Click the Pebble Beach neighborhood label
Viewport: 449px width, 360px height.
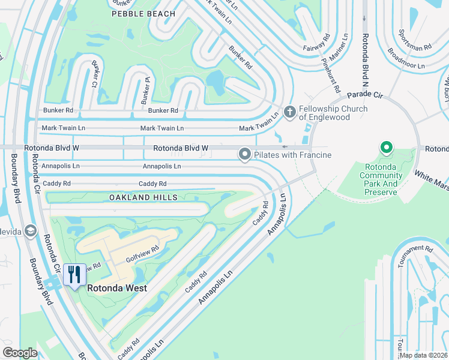(143, 14)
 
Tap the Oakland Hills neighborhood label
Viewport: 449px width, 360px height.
(143, 197)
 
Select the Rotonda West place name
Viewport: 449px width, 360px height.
(117, 288)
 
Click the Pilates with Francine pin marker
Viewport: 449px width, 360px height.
(245, 155)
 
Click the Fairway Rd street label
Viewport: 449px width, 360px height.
(317, 41)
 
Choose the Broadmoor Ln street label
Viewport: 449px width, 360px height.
(406, 58)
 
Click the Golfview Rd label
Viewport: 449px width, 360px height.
(142, 255)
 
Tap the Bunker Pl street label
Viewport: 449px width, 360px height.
(145, 94)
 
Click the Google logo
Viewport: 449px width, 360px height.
(20, 353)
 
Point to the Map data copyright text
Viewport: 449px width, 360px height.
(423, 355)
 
